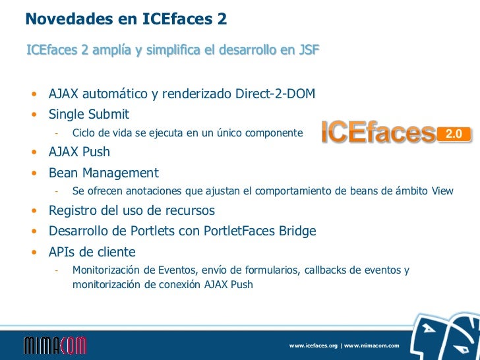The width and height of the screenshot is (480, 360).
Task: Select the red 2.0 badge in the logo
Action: (x=455, y=134)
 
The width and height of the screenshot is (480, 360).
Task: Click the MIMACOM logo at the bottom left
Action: (x=55, y=345)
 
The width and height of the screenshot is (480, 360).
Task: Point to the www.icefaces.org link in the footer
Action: (x=313, y=346)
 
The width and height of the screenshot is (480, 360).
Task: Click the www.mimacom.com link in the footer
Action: (x=372, y=346)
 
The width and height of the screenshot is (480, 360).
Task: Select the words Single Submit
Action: (x=89, y=114)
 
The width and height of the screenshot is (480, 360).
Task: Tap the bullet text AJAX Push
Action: (x=79, y=152)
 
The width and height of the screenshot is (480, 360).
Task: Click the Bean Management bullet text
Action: (x=104, y=173)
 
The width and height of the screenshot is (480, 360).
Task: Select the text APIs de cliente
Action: (x=92, y=252)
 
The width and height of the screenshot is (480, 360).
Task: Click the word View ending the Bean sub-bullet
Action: (x=442, y=192)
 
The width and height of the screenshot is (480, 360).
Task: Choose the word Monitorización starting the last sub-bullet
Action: (x=105, y=270)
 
